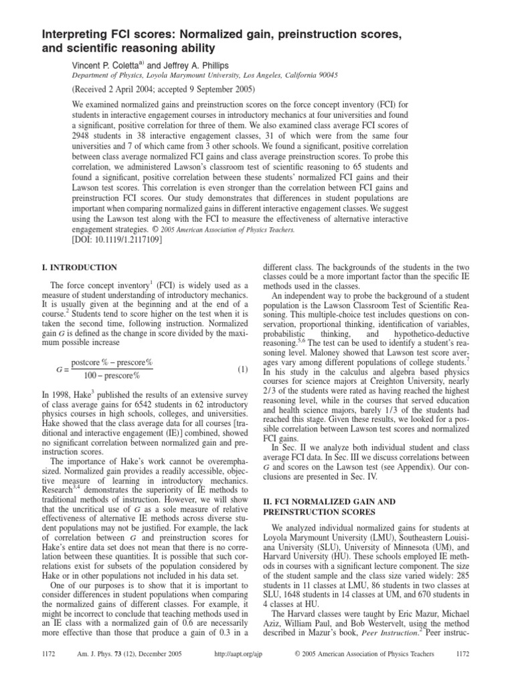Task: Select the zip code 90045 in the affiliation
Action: (325, 76)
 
